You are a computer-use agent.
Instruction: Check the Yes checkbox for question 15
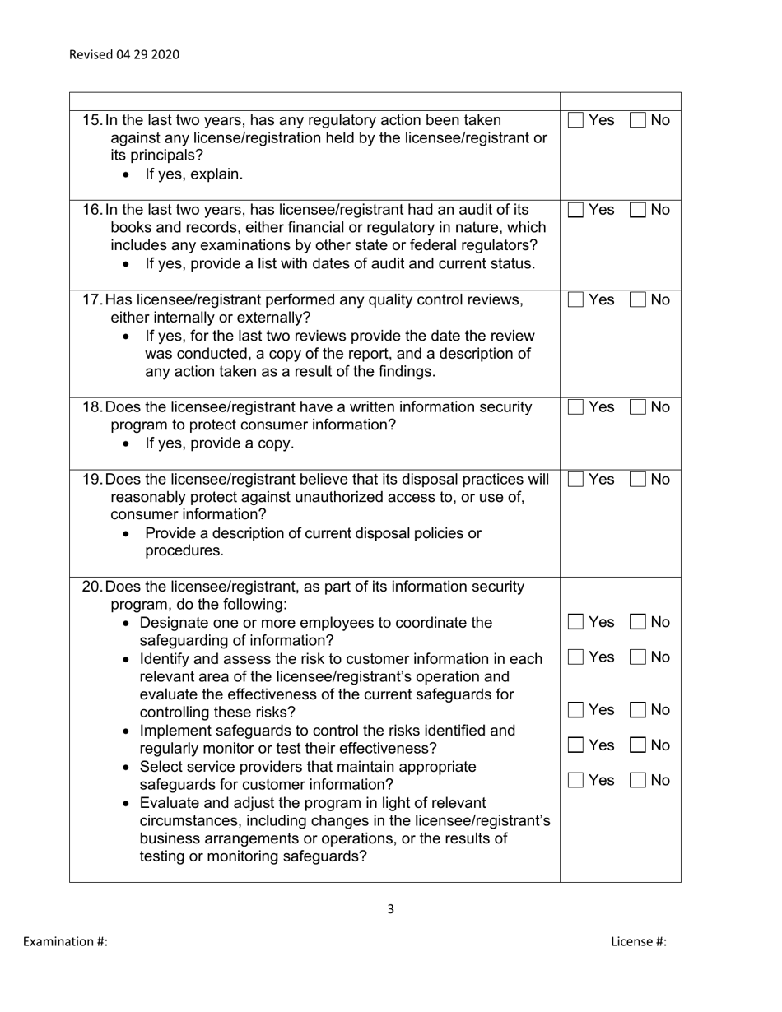(576, 120)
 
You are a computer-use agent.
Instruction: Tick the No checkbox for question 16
(638, 210)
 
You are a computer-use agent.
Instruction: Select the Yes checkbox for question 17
(576, 300)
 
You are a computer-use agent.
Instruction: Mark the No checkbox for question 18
(638, 407)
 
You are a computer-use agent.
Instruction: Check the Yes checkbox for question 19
(576, 480)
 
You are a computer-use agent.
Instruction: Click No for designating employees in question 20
(638, 623)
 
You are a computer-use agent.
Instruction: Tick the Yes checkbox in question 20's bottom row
(576, 781)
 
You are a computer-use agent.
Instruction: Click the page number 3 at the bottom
(390, 909)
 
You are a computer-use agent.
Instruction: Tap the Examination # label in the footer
(65, 942)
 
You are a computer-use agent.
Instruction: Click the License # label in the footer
(638, 942)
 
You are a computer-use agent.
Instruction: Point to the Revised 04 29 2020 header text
(124, 55)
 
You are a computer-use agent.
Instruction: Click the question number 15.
(92, 120)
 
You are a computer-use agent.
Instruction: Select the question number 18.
(92, 407)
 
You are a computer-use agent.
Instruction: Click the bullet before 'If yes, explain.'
(126, 175)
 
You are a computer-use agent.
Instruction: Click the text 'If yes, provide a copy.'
(219, 443)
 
